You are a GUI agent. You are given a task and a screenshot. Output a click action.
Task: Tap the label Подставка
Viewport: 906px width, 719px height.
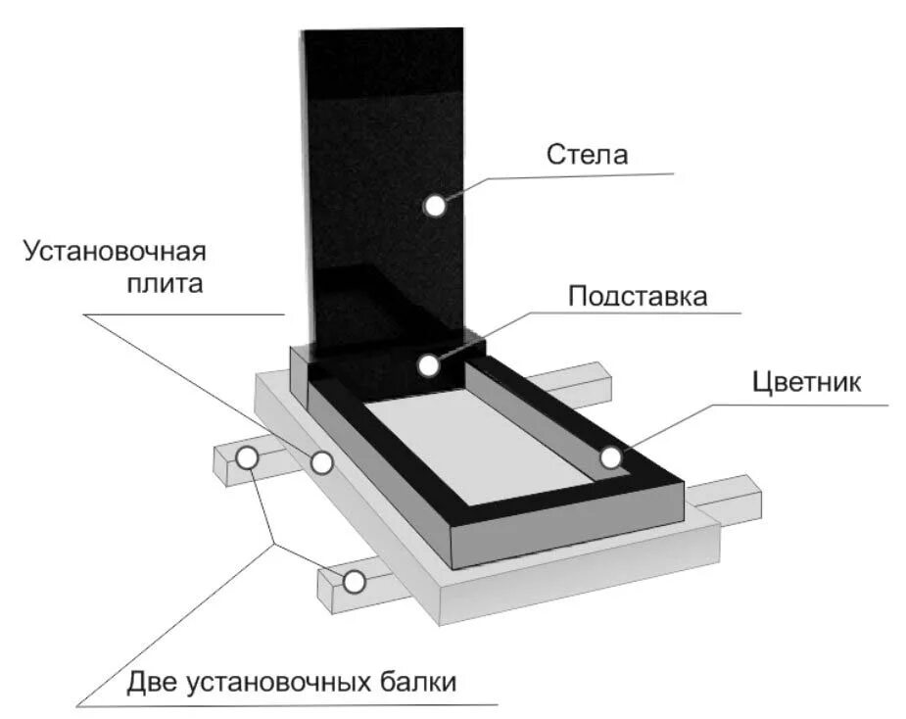point(638,296)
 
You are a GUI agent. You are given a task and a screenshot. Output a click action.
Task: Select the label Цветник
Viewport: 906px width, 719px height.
point(807,382)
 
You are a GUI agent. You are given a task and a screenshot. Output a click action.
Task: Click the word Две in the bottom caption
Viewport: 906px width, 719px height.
point(151,680)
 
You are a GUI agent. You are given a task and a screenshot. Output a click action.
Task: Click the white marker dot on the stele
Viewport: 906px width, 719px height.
point(434,205)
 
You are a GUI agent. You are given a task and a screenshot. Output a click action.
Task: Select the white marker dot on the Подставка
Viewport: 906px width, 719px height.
point(428,365)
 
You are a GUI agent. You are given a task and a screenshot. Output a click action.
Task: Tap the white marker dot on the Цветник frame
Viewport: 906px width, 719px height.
point(610,456)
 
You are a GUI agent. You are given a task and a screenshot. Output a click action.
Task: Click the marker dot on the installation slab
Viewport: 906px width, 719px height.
point(321,462)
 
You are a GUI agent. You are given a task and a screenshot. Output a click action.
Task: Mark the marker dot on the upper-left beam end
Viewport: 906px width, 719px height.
point(247,456)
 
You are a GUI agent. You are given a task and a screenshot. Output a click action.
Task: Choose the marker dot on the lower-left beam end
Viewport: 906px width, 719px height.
point(354,581)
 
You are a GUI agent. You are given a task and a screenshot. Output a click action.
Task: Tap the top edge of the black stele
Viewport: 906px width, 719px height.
point(382,31)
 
